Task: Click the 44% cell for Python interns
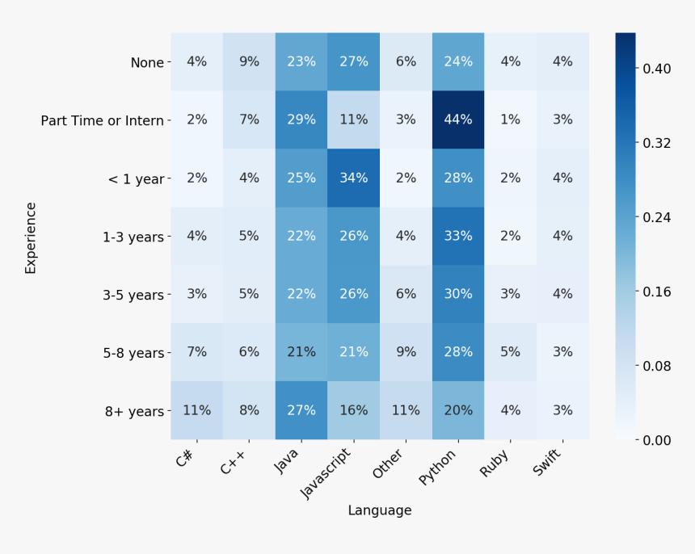tap(457, 120)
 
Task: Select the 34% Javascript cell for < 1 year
tap(353, 178)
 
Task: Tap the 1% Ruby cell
tap(510, 120)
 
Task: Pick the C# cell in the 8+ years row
tap(196, 410)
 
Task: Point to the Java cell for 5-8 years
tap(301, 352)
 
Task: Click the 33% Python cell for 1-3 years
tap(457, 236)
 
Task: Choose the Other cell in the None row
tap(406, 61)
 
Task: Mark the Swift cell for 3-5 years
tap(562, 294)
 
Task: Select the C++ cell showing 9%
tap(249, 61)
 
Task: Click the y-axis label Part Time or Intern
tap(103, 120)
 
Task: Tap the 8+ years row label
tap(134, 411)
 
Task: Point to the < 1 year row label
tap(136, 178)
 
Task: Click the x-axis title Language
tap(379, 510)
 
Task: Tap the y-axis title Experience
tap(31, 237)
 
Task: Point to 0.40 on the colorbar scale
tap(655, 69)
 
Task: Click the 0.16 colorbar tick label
tap(655, 292)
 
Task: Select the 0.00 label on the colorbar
tap(655, 440)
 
